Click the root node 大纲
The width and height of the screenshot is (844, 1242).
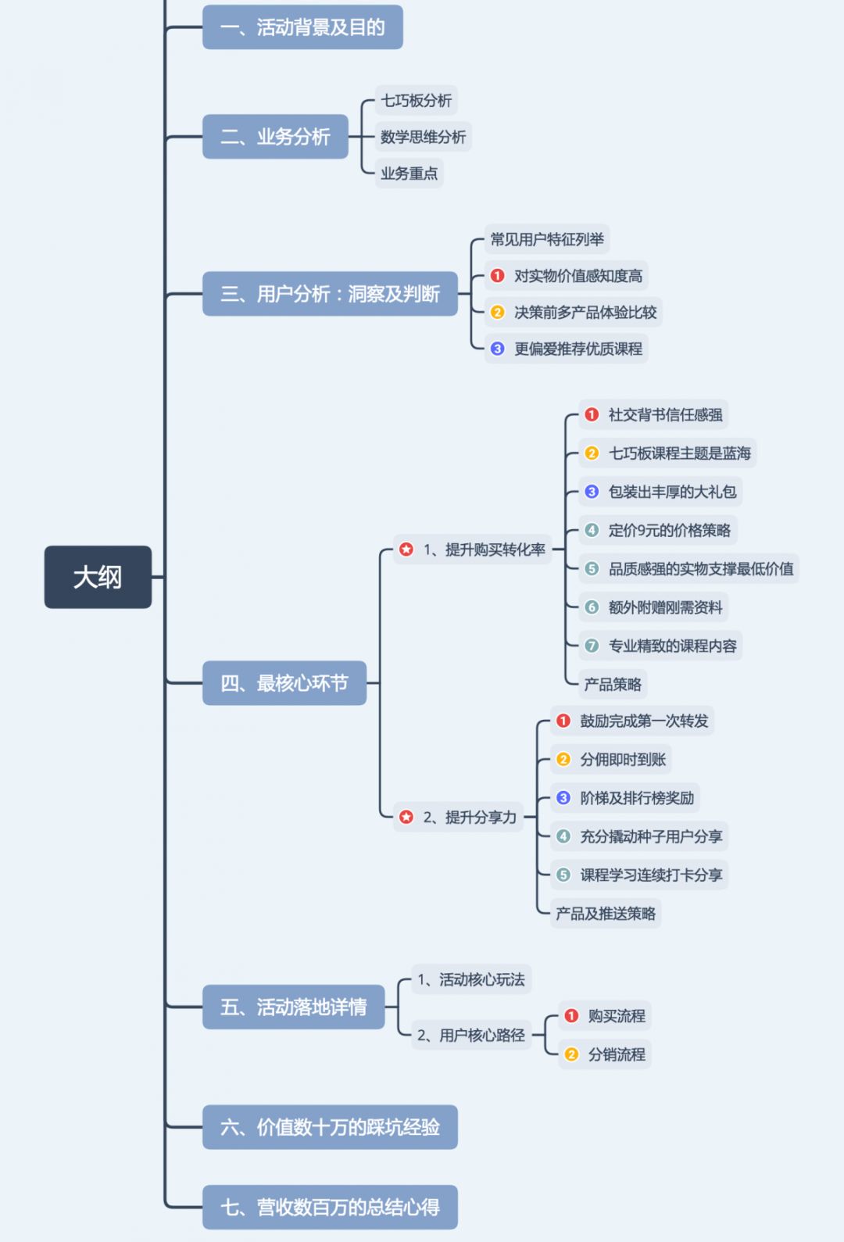[98, 577]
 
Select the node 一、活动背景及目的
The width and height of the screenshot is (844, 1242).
[302, 27]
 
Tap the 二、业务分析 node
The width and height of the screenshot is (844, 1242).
[275, 137]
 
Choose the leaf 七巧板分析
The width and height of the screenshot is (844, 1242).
[416, 101]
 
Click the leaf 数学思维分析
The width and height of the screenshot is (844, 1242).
[423, 138]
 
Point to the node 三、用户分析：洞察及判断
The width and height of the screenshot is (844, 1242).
[330, 294]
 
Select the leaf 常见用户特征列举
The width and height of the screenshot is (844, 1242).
[546, 239]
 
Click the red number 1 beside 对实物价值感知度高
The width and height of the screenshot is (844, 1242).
[498, 276]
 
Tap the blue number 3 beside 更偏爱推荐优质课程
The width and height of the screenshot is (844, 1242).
[498, 349]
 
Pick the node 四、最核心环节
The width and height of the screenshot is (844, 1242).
[284, 683]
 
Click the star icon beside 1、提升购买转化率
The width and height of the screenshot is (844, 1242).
[406, 549]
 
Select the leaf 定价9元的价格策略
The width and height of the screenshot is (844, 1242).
[669, 530]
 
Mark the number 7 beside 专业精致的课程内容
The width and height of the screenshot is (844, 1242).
[592, 646]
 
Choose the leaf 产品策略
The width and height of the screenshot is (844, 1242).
[613, 685]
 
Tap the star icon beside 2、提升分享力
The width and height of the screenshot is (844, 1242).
[406, 817]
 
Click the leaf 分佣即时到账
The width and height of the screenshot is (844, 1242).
[623, 759]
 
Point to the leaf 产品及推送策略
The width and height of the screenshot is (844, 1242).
[606, 913]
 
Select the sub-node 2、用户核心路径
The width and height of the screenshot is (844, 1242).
[471, 1035]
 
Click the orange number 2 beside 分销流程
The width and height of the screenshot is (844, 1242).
[571, 1054]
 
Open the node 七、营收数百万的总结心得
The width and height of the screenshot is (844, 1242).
[330, 1207]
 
